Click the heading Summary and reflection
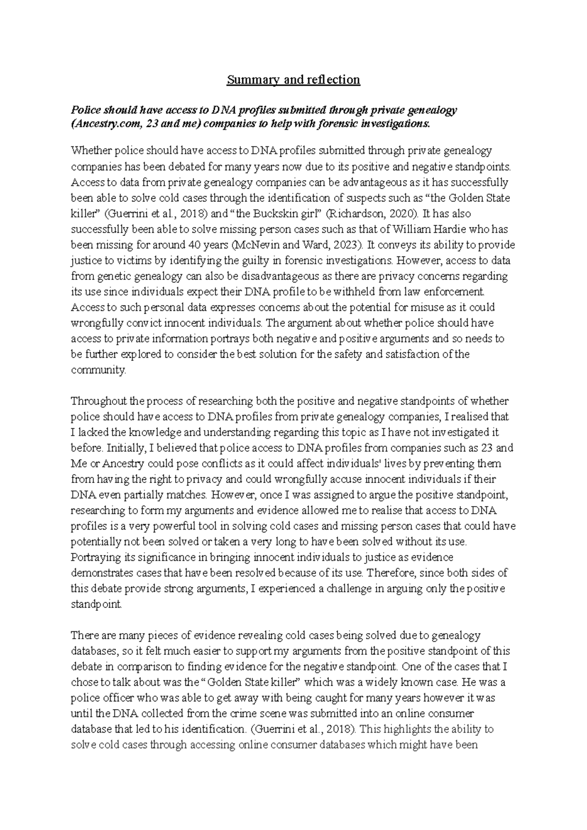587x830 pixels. point(293,80)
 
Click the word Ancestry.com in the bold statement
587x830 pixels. point(103,124)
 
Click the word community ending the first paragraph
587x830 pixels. point(98,370)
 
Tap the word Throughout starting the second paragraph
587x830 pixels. point(99,402)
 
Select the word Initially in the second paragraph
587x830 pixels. point(124,448)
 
